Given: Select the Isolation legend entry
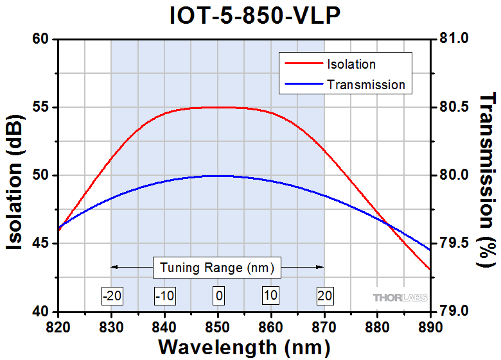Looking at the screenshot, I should click(x=351, y=64).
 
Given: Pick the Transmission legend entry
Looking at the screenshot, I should click(x=365, y=85).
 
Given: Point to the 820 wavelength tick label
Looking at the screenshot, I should click(x=58, y=327).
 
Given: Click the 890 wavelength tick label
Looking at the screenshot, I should click(x=429, y=327).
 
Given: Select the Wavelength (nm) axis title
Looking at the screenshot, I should click(x=243, y=347).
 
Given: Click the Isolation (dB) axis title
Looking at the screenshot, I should click(x=17, y=176).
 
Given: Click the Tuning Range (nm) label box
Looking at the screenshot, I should click(x=217, y=267).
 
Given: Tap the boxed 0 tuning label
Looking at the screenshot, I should click(x=218, y=296).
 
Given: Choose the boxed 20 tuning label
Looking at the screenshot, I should click(x=324, y=296).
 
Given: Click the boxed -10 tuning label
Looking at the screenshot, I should click(x=164, y=296).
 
